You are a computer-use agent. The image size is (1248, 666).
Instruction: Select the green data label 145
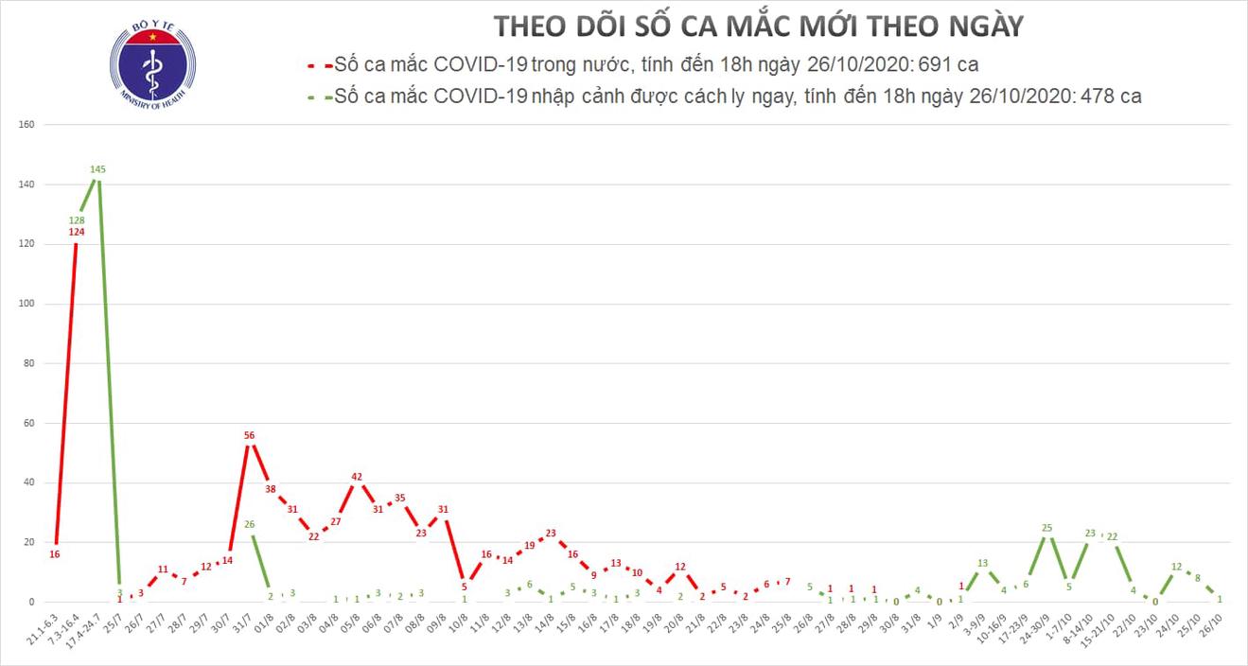[97, 169]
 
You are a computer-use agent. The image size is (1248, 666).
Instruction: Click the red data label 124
[77, 232]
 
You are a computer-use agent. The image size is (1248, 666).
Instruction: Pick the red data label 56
[250, 436]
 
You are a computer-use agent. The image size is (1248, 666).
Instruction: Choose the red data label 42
[357, 477]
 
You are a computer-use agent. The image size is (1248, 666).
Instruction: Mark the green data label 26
[250, 524]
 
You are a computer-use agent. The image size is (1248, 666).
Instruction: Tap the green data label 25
[1047, 527]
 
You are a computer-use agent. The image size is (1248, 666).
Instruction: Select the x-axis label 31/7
[243, 626]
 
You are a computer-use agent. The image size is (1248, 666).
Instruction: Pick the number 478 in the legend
[1103, 96]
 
